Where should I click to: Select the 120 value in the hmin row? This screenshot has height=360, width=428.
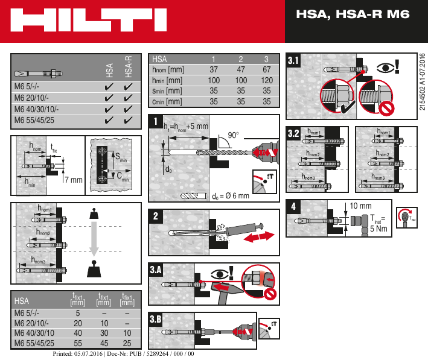coord(267,81)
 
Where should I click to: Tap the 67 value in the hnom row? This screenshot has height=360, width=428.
coord(267,70)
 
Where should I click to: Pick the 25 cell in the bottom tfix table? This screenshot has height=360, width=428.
coord(127,343)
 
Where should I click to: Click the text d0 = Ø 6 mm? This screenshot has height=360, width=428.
coord(230,196)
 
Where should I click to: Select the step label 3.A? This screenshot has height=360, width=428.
coord(156,270)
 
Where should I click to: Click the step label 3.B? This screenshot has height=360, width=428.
coord(156,319)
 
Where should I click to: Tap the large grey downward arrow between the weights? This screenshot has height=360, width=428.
coord(93,237)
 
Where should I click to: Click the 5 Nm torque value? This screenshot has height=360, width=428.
coord(379,229)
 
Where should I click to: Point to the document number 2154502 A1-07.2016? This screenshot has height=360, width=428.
coord(421,81)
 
